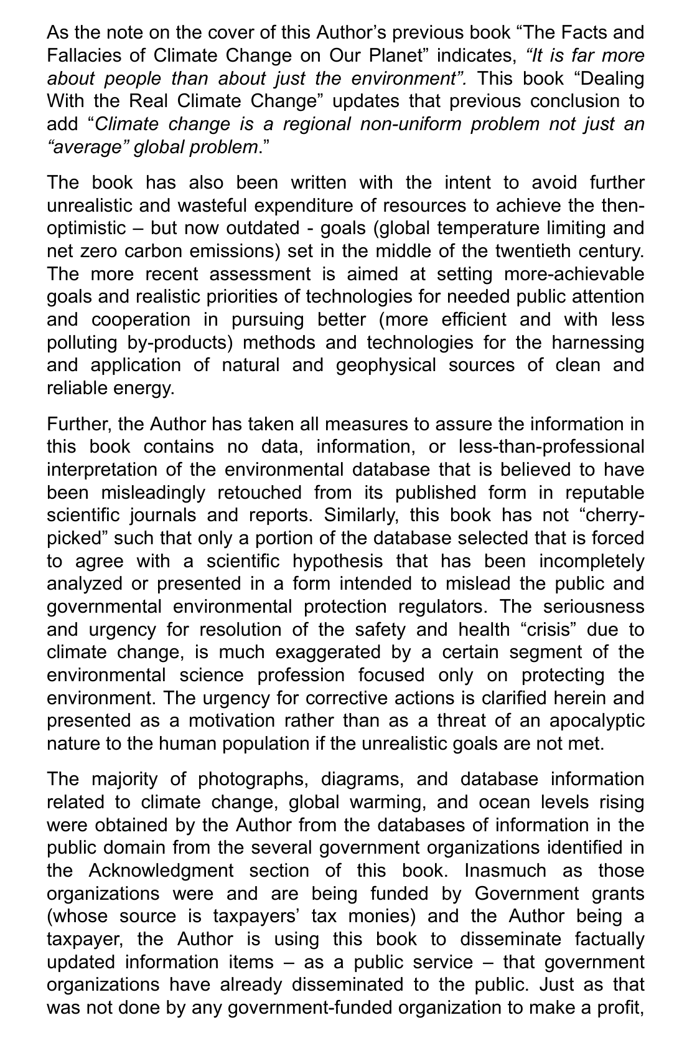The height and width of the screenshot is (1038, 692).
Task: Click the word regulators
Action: pyautogui.click(x=445, y=606)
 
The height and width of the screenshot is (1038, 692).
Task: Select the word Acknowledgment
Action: pyautogui.click(x=161, y=871)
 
